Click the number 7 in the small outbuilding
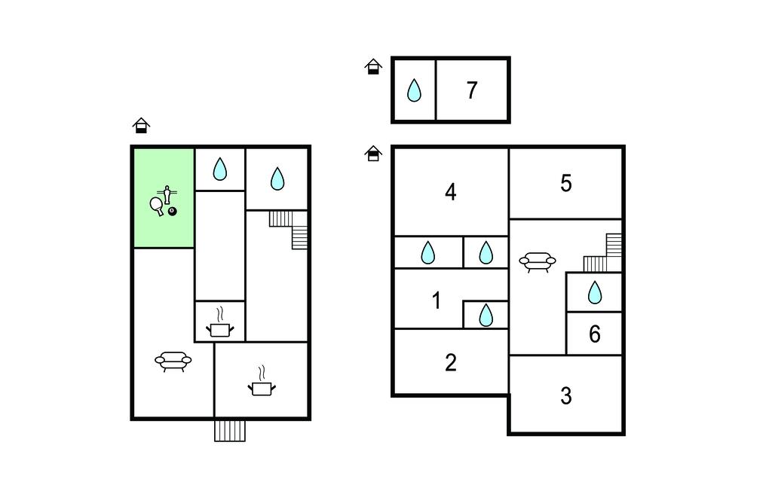[472, 90]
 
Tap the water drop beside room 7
[414, 90]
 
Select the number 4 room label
[450, 192]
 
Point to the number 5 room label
[566, 184]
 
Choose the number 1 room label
[437, 300]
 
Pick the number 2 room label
[451, 363]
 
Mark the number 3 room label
[566, 396]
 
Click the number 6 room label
[595, 334]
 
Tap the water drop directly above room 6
[595, 292]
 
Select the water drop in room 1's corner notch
[486, 315]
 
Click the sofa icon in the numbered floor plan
[538, 261]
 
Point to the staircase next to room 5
[605, 253]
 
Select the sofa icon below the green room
[173, 361]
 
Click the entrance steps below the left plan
[230, 430]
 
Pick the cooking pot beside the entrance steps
[262, 384]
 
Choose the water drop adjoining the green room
[219, 169]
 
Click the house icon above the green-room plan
[141, 126]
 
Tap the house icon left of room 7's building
[373, 67]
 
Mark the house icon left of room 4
[373, 154]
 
